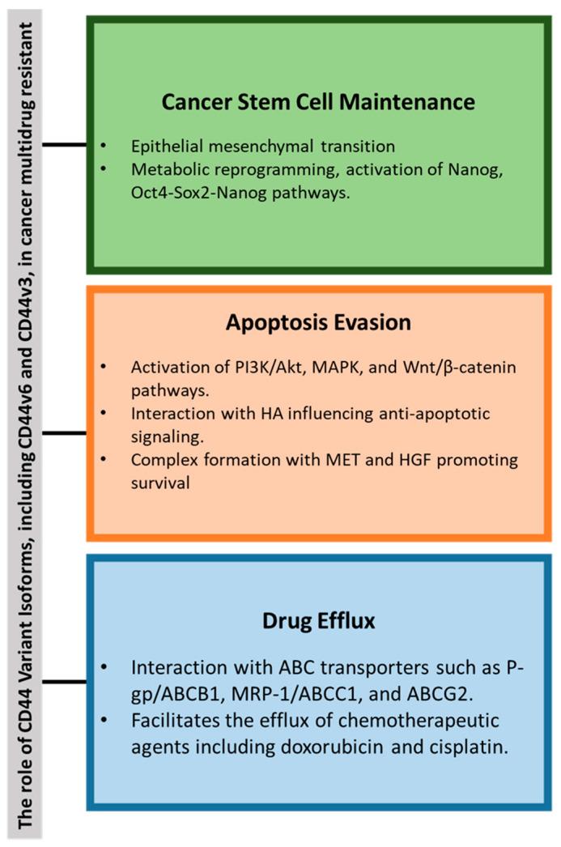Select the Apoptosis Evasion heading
click(x=319, y=321)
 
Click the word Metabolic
click(x=164, y=169)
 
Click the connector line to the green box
click(x=64, y=145)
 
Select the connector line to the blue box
click(x=64, y=681)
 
